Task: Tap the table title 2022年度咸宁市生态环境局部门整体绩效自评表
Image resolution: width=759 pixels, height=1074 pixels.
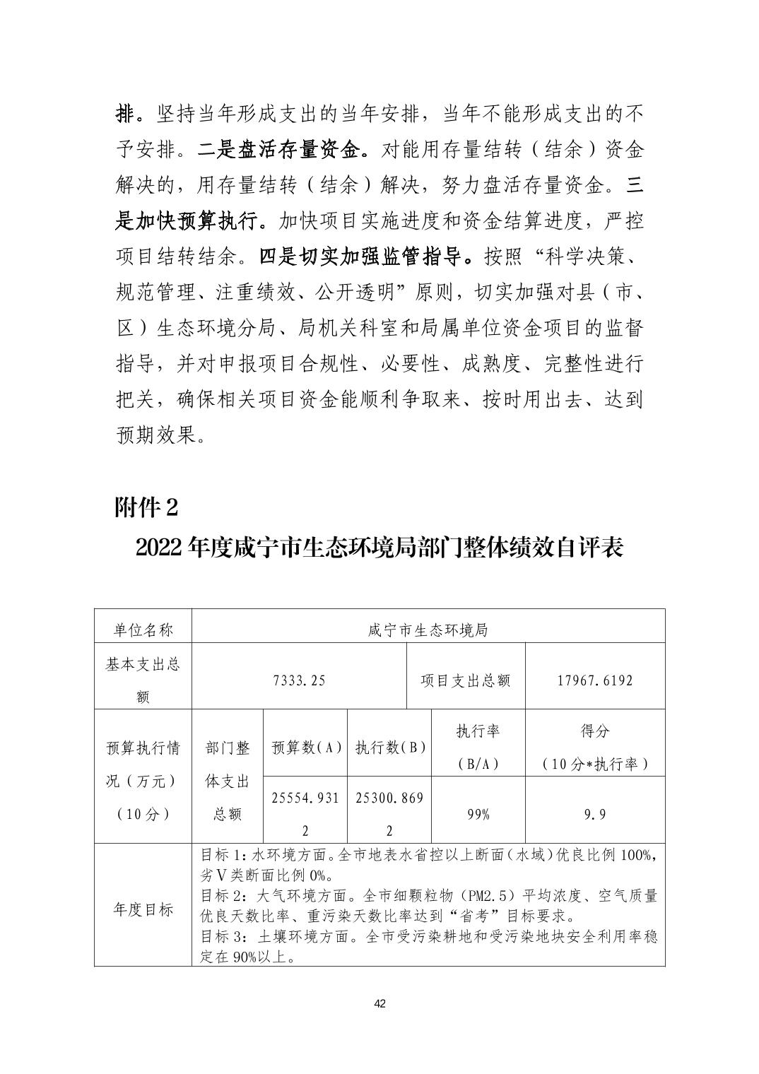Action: coord(379,548)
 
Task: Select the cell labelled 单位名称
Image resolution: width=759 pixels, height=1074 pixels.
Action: coord(143,627)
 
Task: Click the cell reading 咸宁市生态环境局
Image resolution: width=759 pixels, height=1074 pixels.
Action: coord(428,627)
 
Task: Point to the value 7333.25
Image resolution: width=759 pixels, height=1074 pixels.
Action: coord(299,680)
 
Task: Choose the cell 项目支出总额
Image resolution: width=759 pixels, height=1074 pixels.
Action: coord(466,680)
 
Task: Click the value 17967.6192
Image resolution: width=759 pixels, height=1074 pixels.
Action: coord(594,680)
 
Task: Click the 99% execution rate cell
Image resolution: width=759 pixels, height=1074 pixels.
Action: coord(478,814)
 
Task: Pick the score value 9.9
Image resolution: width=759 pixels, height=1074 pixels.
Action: coord(594,814)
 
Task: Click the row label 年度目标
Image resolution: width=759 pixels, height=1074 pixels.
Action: coord(143,909)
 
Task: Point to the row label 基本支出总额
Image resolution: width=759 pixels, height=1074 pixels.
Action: coord(143,680)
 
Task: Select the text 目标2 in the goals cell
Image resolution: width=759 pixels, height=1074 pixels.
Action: coord(220,896)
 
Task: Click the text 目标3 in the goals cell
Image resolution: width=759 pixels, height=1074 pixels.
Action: coord(220,937)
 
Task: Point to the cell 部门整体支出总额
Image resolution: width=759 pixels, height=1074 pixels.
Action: coord(228,781)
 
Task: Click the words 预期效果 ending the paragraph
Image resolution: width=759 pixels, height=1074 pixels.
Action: coord(155,435)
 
